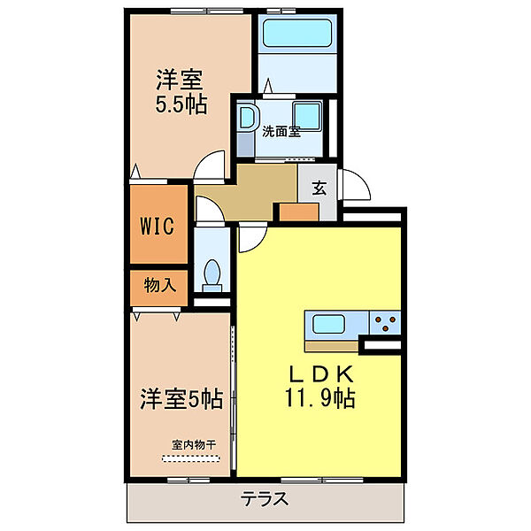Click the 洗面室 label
coord(281,133)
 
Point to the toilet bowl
coord(212,275)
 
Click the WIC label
coord(160,224)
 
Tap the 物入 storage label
coord(159,285)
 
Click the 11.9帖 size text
coord(319,399)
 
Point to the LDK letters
coord(319,372)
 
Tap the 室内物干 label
coord(195,445)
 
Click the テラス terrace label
coord(265,499)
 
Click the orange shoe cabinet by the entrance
coord(298,212)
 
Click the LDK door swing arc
coord(250,236)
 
